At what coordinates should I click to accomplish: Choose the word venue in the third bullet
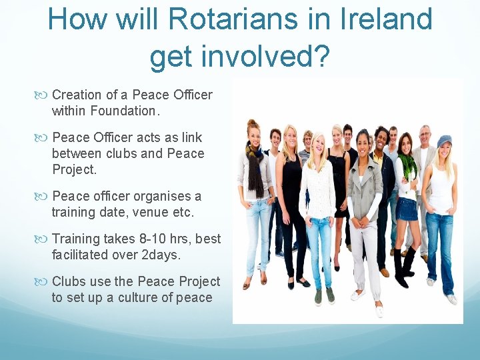[153, 212]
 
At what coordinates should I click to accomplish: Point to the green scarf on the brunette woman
[407, 167]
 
